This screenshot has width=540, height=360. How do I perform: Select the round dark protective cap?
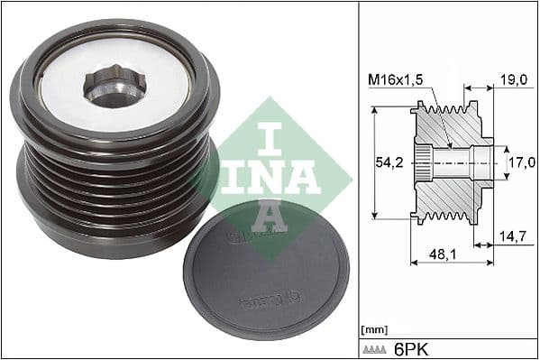pos(253,270)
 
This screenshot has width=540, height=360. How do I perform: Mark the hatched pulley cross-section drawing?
pos(451,162)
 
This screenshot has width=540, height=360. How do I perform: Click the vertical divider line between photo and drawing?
pos(359,180)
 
